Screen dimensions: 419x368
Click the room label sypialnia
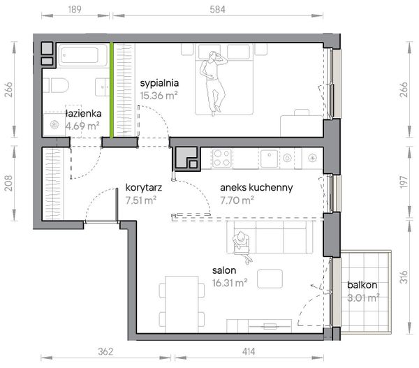[x=159, y=83]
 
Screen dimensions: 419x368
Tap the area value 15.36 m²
[x=159, y=96]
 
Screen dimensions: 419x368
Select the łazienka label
[x=84, y=114]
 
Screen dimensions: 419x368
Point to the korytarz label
[x=143, y=188]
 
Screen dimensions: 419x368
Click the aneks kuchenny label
[x=256, y=188]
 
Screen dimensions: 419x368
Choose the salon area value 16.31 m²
[x=230, y=283]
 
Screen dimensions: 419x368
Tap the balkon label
[x=362, y=285]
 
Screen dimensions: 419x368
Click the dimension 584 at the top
[x=217, y=10]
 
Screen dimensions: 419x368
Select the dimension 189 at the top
[x=75, y=10]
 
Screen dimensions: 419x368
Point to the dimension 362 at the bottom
[x=105, y=351]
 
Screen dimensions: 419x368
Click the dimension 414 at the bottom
[x=249, y=351]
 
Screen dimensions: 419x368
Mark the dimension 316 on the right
[x=404, y=277]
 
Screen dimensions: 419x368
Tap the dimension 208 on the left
[x=9, y=184]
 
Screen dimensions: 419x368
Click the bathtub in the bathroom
[x=79, y=56]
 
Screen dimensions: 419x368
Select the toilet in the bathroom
[x=56, y=85]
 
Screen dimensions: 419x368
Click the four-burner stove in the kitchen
[x=221, y=158]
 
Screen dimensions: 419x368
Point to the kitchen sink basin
[x=270, y=159]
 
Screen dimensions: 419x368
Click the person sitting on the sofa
[x=242, y=246]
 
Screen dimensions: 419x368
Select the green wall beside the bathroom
[x=112, y=90]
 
